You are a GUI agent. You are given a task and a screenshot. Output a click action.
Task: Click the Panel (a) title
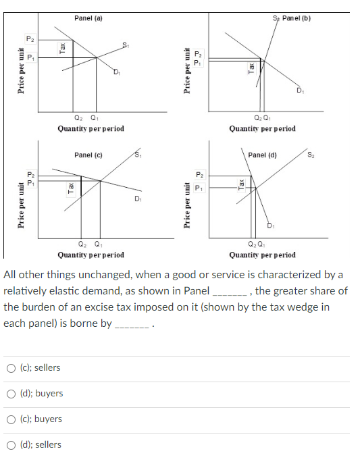(88, 18)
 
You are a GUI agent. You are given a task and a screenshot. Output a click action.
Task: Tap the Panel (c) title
(88, 155)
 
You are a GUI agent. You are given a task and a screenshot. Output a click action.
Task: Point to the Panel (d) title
(262, 155)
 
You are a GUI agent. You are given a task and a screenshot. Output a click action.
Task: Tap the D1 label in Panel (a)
(116, 73)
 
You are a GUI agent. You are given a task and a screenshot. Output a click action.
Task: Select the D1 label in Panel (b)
(299, 91)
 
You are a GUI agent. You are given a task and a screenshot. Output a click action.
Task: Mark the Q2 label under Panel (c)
(82, 244)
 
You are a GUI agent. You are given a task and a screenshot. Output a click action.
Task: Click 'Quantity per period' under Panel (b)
(262, 128)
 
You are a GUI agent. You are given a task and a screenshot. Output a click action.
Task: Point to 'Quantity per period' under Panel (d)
(262, 255)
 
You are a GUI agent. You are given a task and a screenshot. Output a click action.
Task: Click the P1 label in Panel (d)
(198, 188)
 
